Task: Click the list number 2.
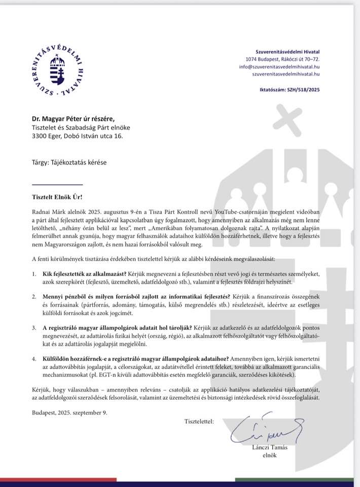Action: (33, 296)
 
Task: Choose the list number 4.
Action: (33, 358)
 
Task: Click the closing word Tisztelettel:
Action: (199, 421)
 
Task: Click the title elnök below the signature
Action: (269, 455)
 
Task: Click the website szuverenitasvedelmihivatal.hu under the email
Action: (286, 74)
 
